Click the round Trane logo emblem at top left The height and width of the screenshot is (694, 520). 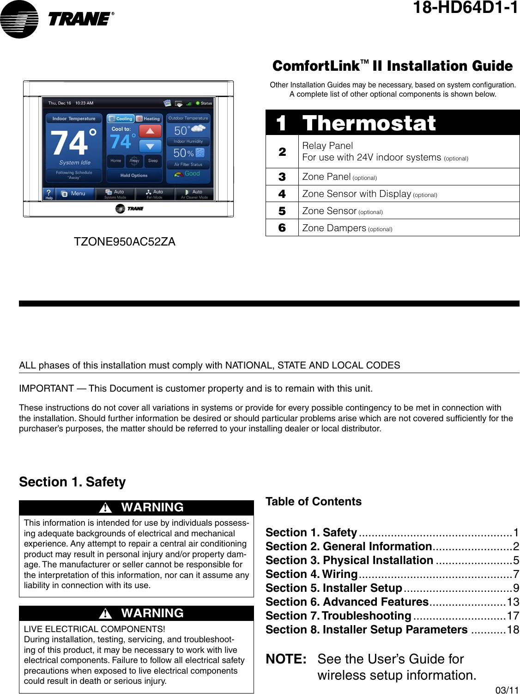(x=19, y=19)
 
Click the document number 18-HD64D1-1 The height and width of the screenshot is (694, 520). (x=465, y=8)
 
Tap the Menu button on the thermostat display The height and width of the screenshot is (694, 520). (x=74, y=194)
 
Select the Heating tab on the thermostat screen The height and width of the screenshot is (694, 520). (x=148, y=119)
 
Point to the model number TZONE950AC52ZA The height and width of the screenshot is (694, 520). (x=125, y=242)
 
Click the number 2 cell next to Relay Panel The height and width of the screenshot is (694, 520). (x=282, y=152)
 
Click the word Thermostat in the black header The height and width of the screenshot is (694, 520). (x=369, y=123)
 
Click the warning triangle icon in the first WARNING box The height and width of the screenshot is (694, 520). (x=106, y=508)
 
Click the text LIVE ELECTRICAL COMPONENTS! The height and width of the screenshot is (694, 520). (x=94, y=629)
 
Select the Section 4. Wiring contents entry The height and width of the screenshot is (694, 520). (x=311, y=574)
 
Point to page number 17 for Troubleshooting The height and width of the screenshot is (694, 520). (x=513, y=616)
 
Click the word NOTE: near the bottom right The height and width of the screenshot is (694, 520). (x=286, y=659)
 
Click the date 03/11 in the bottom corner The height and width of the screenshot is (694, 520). (x=507, y=690)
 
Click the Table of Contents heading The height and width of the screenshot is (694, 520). (x=314, y=502)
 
